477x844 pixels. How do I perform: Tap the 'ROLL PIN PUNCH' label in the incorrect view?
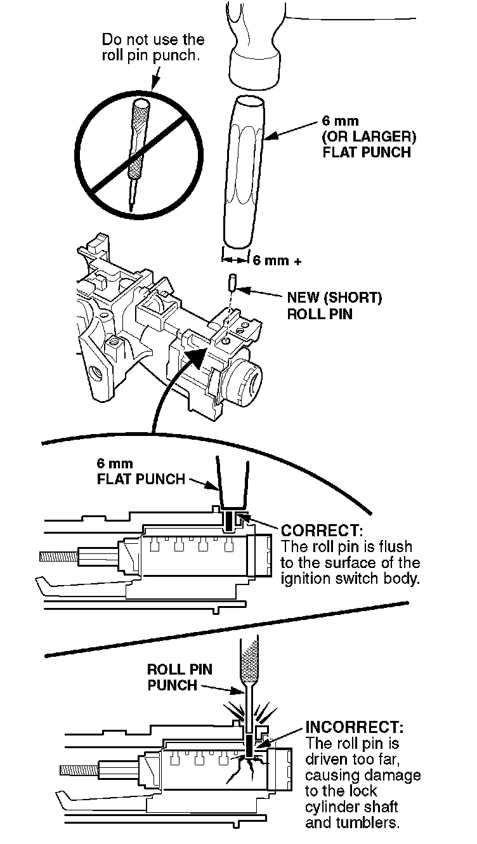click(180, 677)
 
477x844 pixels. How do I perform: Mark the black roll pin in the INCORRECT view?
click(250, 744)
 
